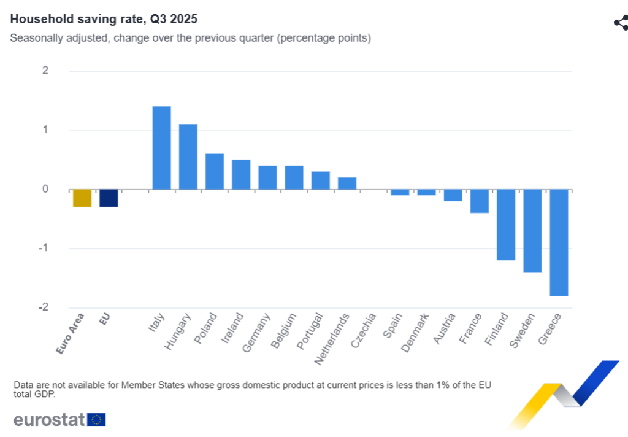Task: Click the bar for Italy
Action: tap(161, 148)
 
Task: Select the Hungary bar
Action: tap(188, 157)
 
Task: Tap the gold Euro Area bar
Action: tap(82, 198)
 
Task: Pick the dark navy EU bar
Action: tap(109, 198)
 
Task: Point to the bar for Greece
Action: tap(559, 242)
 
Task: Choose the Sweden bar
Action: tap(532, 230)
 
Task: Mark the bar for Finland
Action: tap(506, 225)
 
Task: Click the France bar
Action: tap(480, 201)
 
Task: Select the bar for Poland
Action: tap(215, 171)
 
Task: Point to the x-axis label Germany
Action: tap(256, 333)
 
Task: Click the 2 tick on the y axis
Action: tap(45, 71)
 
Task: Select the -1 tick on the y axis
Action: tap(43, 249)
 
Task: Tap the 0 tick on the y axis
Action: tap(45, 189)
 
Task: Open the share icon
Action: tap(621, 23)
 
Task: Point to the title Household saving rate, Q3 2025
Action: tap(104, 20)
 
